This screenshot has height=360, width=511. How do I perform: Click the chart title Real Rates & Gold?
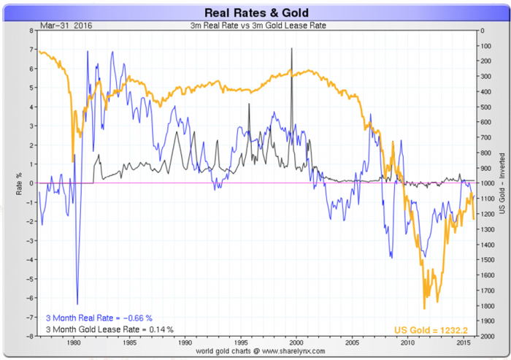tap(255, 11)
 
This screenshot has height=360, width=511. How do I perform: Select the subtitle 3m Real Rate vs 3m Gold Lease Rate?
tap(255, 26)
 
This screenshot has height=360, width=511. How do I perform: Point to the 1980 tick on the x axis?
tap(74, 342)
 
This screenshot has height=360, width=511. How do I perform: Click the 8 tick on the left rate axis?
tap(30, 31)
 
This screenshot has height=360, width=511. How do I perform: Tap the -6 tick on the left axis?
tap(28, 297)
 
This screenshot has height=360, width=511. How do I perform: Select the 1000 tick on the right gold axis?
tap(485, 183)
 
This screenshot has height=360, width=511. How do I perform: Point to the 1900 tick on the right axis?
tap(485, 321)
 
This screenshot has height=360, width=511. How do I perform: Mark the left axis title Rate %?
tap(18, 183)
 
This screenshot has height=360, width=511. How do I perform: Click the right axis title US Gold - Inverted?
tap(502, 183)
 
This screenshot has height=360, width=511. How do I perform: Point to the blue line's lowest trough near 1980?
tap(77, 303)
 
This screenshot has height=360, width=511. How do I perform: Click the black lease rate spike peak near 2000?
tap(292, 48)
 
